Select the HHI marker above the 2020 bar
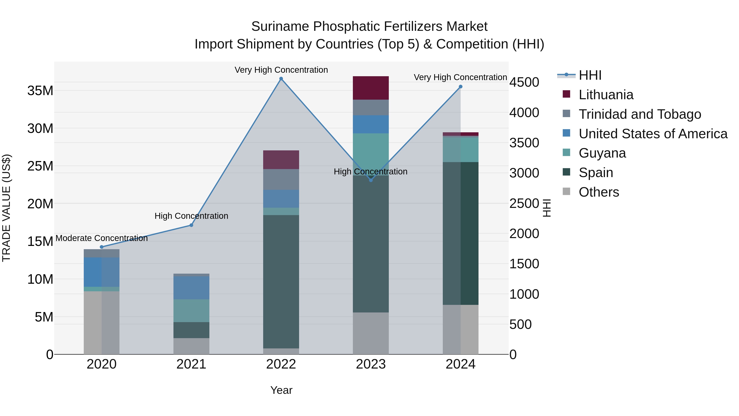102,247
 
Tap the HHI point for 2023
371,180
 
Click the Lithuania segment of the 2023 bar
371,88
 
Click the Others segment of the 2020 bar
102,323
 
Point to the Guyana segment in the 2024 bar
460,150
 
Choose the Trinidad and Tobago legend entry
639,114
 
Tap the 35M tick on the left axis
40,91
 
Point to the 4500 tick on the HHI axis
524,82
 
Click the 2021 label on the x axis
191,364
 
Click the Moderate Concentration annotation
102,238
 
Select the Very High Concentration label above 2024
460,77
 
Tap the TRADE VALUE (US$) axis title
6,208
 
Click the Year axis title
281,390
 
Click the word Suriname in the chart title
280,27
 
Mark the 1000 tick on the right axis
524,294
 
